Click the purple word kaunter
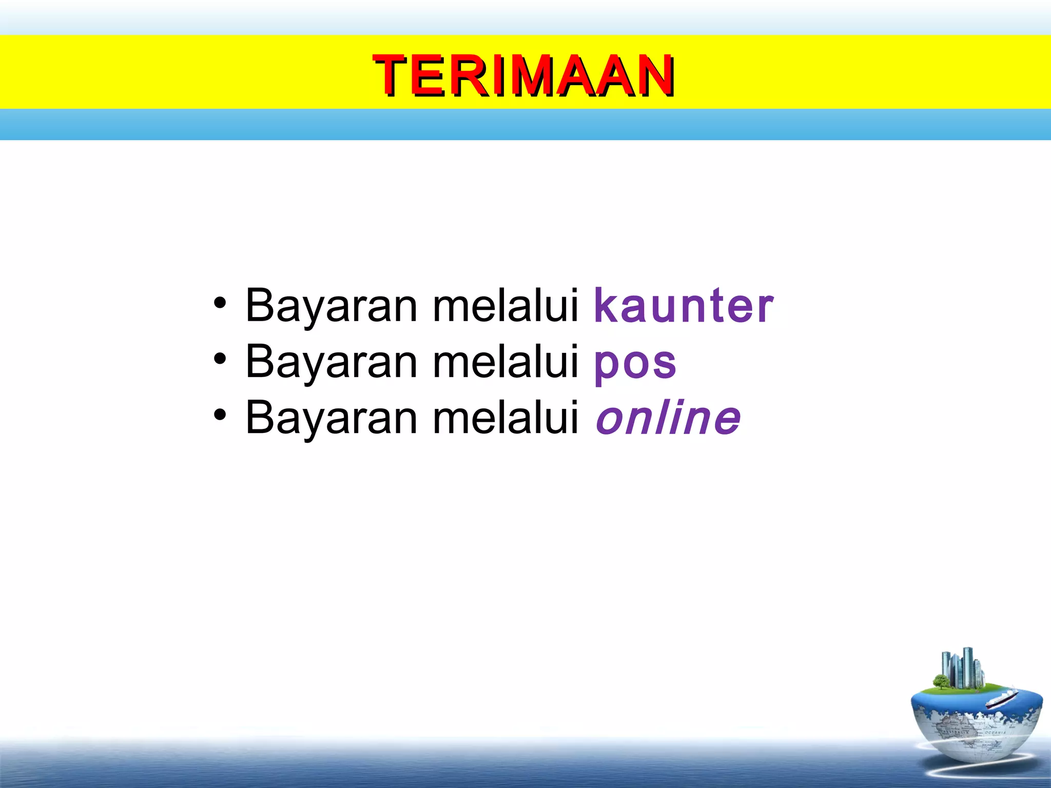coord(684,306)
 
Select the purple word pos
coord(635,363)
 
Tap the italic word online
coord(668,419)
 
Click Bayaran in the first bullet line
coord(332,306)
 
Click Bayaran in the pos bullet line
coord(332,363)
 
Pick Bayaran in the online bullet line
coord(332,419)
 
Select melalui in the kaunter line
coord(506,306)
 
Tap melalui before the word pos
coord(506,363)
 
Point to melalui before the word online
coord(506,419)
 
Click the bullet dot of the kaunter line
coord(220,303)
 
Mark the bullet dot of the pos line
coord(220,359)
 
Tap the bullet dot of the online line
coord(220,415)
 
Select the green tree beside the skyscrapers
coord(941,682)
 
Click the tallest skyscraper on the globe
coord(968,666)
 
